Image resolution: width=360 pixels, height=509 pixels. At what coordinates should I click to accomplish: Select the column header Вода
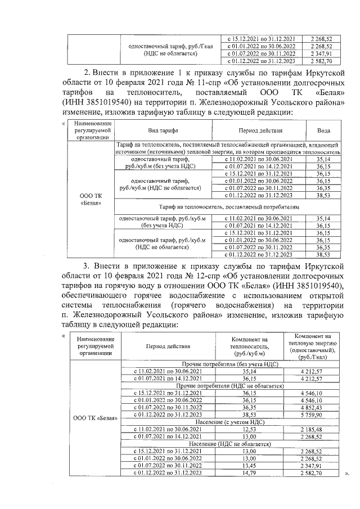pyautogui.click(x=323, y=130)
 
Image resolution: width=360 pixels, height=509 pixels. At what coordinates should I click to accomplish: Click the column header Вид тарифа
pyautogui.click(x=164, y=130)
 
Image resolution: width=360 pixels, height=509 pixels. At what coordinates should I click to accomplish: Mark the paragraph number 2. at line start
pyautogui.click(x=88, y=72)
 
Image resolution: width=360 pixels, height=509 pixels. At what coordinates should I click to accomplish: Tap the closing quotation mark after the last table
pyautogui.click(x=347, y=474)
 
